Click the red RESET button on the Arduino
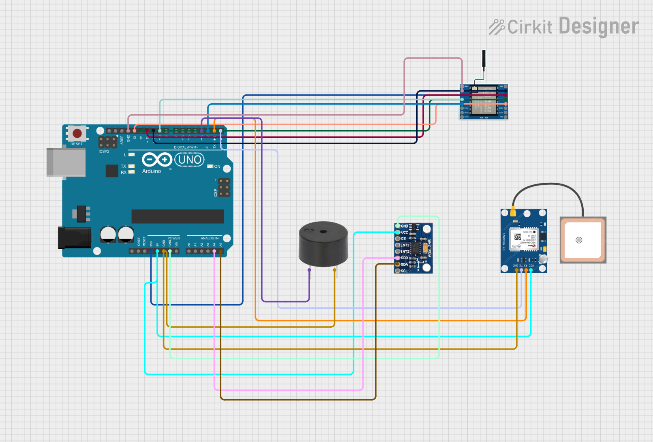(x=77, y=133)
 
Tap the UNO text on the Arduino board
(x=190, y=160)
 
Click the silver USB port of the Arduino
(x=66, y=162)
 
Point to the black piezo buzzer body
(x=323, y=243)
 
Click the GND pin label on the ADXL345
(x=405, y=226)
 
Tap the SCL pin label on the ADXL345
(x=404, y=271)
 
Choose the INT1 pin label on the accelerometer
(x=405, y=245)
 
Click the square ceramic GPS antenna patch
(x=582, y=240)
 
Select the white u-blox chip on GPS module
(x=525, y=239)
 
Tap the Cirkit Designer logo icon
(x=496, y=27)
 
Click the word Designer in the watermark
(x=598, y=27)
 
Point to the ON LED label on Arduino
(x=217, y=167)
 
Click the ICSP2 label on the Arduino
(x=104, y=152)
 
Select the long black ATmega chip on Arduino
(x=178, y=216)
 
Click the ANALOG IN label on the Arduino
(x=210, y=238)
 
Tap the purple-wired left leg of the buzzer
(x=309, y=271)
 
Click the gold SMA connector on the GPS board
(x=513, y=212)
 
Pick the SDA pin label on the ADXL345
(x=404, y=264)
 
